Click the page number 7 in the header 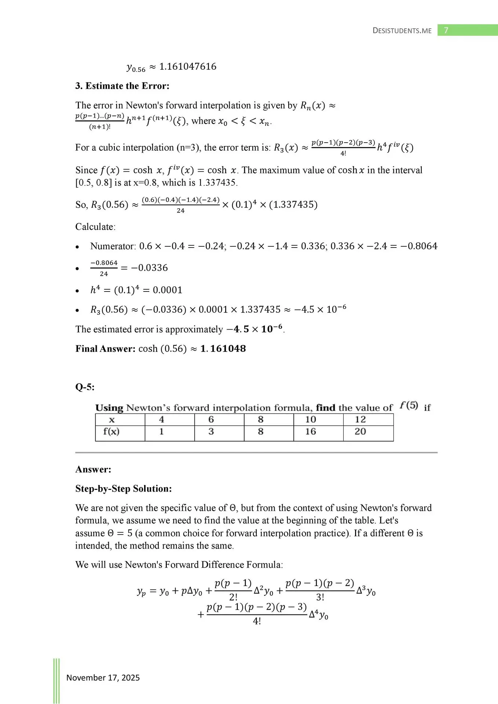pyautogui.click(x=446, y=30)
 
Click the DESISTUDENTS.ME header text pyautogui.click(x=402, y=30)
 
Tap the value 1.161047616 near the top pyautogui.click(x=188, y=66)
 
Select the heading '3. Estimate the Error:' pyautogui.click(x=122, y=86)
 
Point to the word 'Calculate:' pyautogui.click(x=95, y=227)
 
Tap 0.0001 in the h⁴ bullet pyautogui.click(x=168, y=290)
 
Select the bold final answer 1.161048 pyautogui.click(x=223, y=348)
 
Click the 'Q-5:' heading pyautogui.click(x=85, y=387)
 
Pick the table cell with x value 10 pyautogui.click(x=311, y=419)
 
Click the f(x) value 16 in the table pyautogui.click(x=311, y=432)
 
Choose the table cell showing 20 pyautogui.click(x=360, y=432)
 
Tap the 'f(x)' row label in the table pyautogui.click(x=111, y=432)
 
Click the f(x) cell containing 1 pyautogui.click(x=161, y=432)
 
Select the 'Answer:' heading pyautogui.click(x=93, y=469)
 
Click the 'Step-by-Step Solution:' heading pyautogui.click(x=124, y=488)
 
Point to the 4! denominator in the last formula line pyautogui.click(x=257, y=621)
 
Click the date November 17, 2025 pyautogui.click(x=103, y=678)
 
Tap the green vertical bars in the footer pyautogui.click(x=56, y=680)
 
